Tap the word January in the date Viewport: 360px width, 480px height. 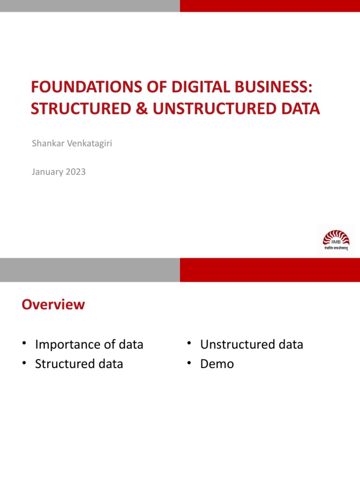[47, 172]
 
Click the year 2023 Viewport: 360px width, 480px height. [75, 172]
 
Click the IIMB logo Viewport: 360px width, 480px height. [336, 240]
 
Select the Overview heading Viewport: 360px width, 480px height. [53, 305]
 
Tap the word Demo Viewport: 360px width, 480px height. [217, 364]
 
